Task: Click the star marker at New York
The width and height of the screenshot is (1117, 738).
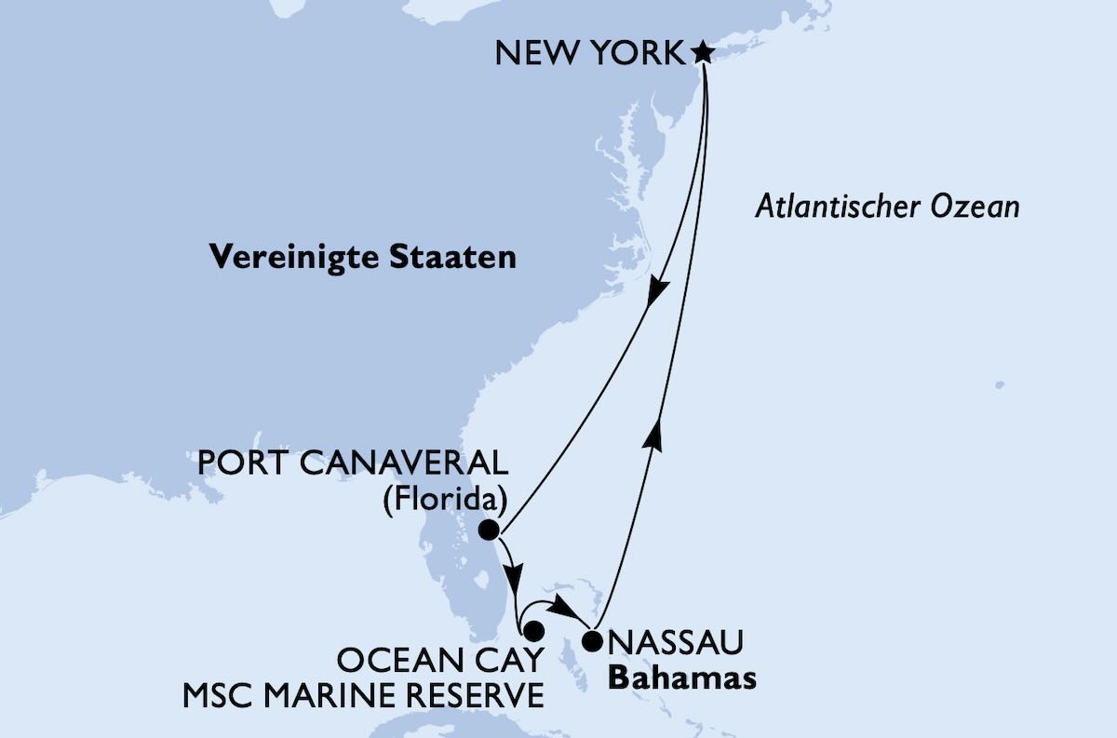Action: pyautogui.click(x=703, y=53)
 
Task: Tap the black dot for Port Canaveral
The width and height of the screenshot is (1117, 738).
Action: pyautogui.click(x=489, y=530)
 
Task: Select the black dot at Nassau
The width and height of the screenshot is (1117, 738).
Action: pyautogui.click(x=591, y=640)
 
